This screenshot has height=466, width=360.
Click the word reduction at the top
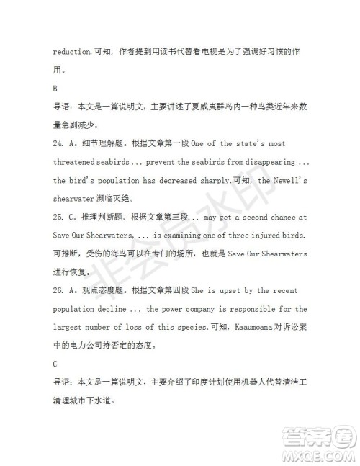(x=73, y=52)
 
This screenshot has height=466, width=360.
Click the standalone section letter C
(x=56, y=364)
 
